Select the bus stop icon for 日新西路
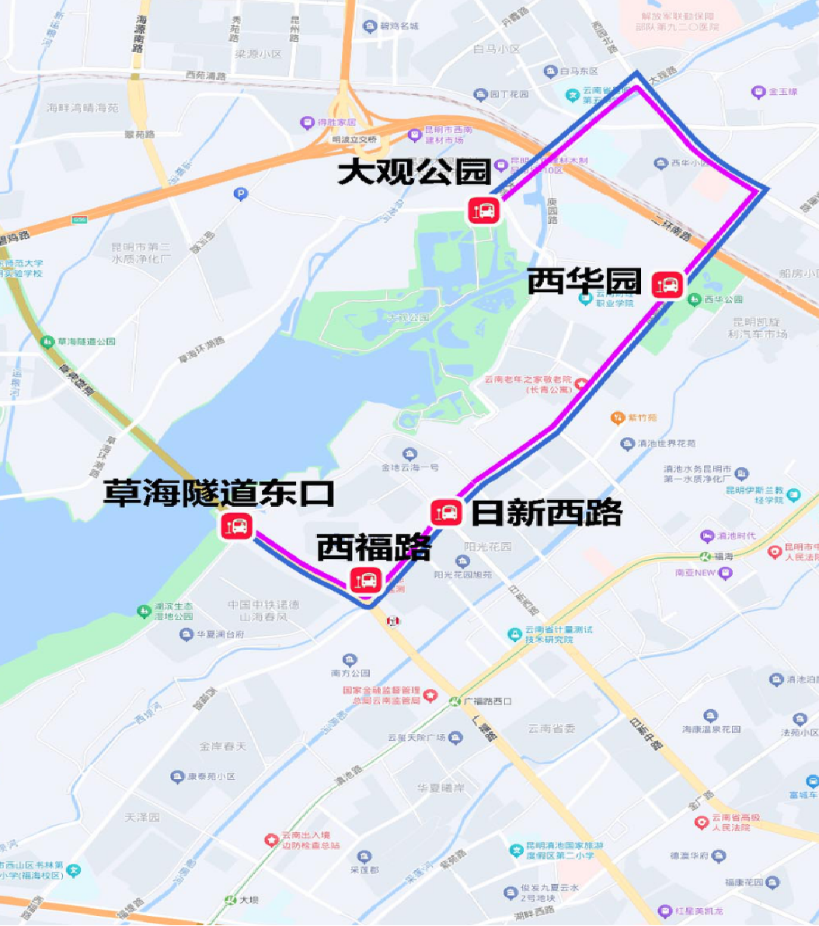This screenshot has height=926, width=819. (446, 512)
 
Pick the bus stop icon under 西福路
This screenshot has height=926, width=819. (365, 580)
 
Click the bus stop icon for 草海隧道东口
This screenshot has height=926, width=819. (235, 526)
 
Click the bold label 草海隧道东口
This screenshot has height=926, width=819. (219, 493)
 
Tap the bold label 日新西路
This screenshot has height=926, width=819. (547, 512)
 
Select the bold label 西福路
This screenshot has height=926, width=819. (374, 548)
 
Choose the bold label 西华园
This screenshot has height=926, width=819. (584, 281)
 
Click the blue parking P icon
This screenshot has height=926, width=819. (241, 194)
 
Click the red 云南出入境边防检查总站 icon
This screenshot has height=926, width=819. (271, 840)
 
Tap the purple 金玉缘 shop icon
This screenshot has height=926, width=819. (758, 92)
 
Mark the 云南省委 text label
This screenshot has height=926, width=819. (551, 729)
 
